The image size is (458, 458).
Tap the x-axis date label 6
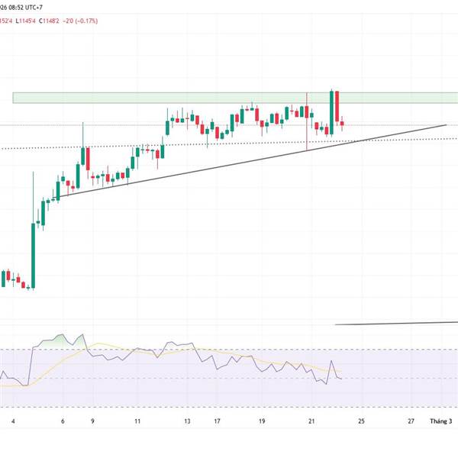63,421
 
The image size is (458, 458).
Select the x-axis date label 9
92,421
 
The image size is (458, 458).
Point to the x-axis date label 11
137,421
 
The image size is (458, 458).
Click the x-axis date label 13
187,421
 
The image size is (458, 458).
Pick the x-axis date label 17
218,421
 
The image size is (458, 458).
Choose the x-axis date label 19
262,421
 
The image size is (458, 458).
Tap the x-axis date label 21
311,421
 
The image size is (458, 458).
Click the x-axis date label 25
362,421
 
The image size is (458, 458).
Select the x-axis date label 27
411,421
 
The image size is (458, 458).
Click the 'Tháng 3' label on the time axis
441,421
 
